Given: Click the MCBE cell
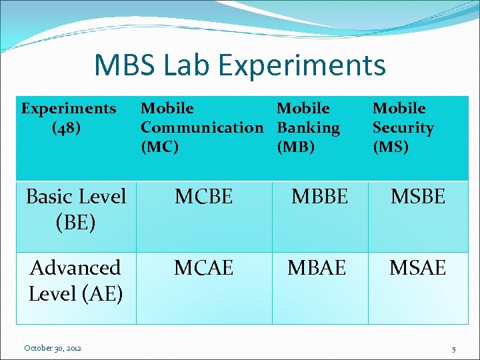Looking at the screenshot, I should pyautogui.click(x=203, y=197).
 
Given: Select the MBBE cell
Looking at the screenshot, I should pyautogui.click(x=319, y=197).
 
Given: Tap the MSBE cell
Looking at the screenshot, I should pyautogui.click(x=417, y=197).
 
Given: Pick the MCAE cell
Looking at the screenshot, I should pyautogui.click(x=203, y=268).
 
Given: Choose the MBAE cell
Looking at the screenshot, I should pyautogui.click(x=317, y=268).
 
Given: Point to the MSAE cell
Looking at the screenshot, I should pyautogui.click(x=417, y=268).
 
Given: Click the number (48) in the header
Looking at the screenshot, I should pyautogui.click(x=67, y=127).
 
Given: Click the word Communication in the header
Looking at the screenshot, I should pyautogui.click(x=202, y=127).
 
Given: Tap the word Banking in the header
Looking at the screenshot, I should pyautogui.click(x=308, y=127).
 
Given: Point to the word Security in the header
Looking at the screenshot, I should pyautogui.click(x=403, y=127).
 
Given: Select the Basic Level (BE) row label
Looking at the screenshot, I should pyautogui.click(x=75, y=209).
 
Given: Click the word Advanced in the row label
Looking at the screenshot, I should pyautogui.click(x=75, y=268).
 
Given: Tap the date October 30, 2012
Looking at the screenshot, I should pyautogui.click(x=53, y=348).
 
